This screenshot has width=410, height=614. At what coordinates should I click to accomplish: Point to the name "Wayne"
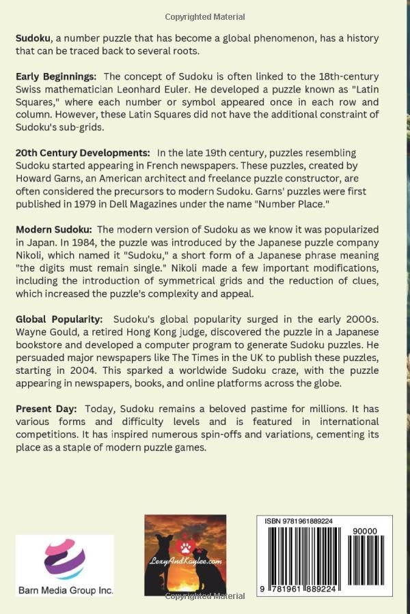(x=31, y=334)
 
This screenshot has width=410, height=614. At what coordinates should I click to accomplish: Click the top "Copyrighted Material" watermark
(x=205, y=16)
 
